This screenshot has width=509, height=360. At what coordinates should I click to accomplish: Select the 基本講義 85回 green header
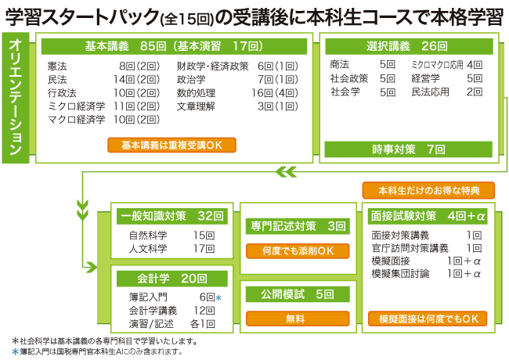point(173,46)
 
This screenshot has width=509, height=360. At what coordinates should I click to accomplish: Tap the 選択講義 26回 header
point(408,46)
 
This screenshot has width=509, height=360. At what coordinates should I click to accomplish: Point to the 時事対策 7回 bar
point(408,149)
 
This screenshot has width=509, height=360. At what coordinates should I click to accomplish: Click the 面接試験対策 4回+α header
point(428,215)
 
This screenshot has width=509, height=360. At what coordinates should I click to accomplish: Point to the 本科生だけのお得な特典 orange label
point(428,190)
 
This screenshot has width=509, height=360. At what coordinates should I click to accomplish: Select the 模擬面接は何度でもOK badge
point(428,319)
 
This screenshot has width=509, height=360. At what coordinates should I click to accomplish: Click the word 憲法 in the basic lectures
point(56,66)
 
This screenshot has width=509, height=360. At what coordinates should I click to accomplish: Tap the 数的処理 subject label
point(196,92)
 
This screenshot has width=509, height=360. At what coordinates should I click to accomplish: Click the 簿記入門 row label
point(148,297)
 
